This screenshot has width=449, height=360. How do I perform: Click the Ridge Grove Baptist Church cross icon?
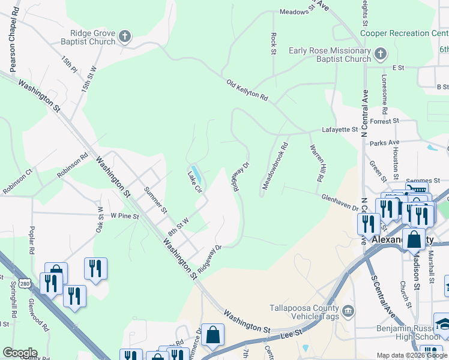click(x=125, y=37)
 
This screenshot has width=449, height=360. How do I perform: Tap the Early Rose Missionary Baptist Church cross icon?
click(x=379, y=55)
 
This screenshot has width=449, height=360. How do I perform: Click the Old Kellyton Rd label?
click(x=247, y=90)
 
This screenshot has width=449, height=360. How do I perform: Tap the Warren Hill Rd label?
click(x=316, y=163)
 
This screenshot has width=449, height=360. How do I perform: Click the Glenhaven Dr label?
click(x=339, y=203)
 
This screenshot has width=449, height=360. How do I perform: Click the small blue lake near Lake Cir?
click(x=195, y=171)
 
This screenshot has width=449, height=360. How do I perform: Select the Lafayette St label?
click(x=340, y=129)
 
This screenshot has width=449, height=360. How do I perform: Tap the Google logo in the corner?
click(x=20, y=352)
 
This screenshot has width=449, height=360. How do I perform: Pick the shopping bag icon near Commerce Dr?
click(x=212, y=335)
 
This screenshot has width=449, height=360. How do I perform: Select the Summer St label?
click(x=155, y=200)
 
